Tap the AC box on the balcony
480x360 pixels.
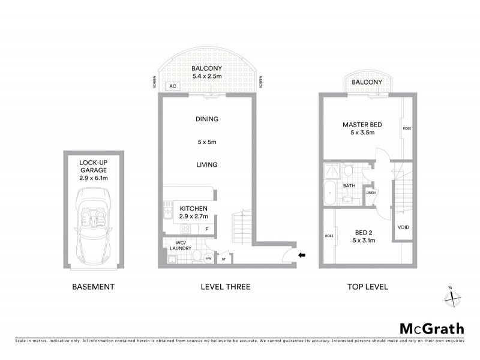pos(173,86)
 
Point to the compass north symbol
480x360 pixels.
pos(453,295)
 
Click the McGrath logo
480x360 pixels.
pos(432,328)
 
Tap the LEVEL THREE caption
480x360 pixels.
pos(225,287)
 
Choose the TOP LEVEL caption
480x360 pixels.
pos(367,287)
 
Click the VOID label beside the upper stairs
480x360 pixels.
pos(403,227)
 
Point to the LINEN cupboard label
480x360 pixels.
pos(371,193)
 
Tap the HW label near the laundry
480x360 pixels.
pos(208,259)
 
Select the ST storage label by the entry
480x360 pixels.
pos(224,259)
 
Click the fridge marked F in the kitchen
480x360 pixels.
pos(207,229)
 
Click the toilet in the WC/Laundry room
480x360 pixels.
pos(196,257)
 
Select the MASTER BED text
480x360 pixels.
pos(362,125)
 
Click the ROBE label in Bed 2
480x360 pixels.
pos(328,236)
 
